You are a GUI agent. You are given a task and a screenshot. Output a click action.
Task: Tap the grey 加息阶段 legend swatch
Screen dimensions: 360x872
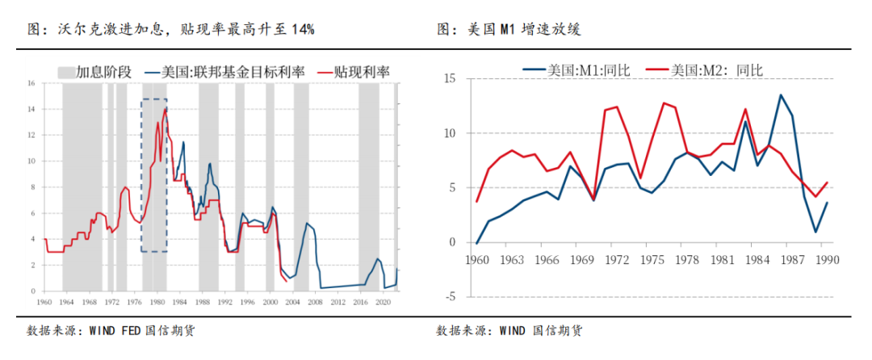pyautogui.click(x=65, y=73)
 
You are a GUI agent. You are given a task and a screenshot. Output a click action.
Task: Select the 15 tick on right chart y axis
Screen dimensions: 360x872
pyautogui.click(x=450, y=78)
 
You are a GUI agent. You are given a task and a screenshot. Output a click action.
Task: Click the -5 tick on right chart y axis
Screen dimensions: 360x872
pyautogui.click(x=450, y=296)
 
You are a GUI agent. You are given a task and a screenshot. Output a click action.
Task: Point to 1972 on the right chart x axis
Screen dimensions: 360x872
pyautogui.click(x=618, y=261)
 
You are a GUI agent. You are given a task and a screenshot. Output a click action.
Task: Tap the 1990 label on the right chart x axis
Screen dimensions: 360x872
pyautogui.click(x=828, y=261)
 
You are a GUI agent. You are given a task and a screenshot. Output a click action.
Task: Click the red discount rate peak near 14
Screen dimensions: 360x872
pyautogui.click(x=166, y=108)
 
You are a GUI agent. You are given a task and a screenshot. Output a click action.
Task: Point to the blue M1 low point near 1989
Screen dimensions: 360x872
pyautogui.click(x=815, y=232)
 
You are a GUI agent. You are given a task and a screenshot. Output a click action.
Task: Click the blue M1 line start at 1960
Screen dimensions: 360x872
pyautogui.click(x=476, y=242)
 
